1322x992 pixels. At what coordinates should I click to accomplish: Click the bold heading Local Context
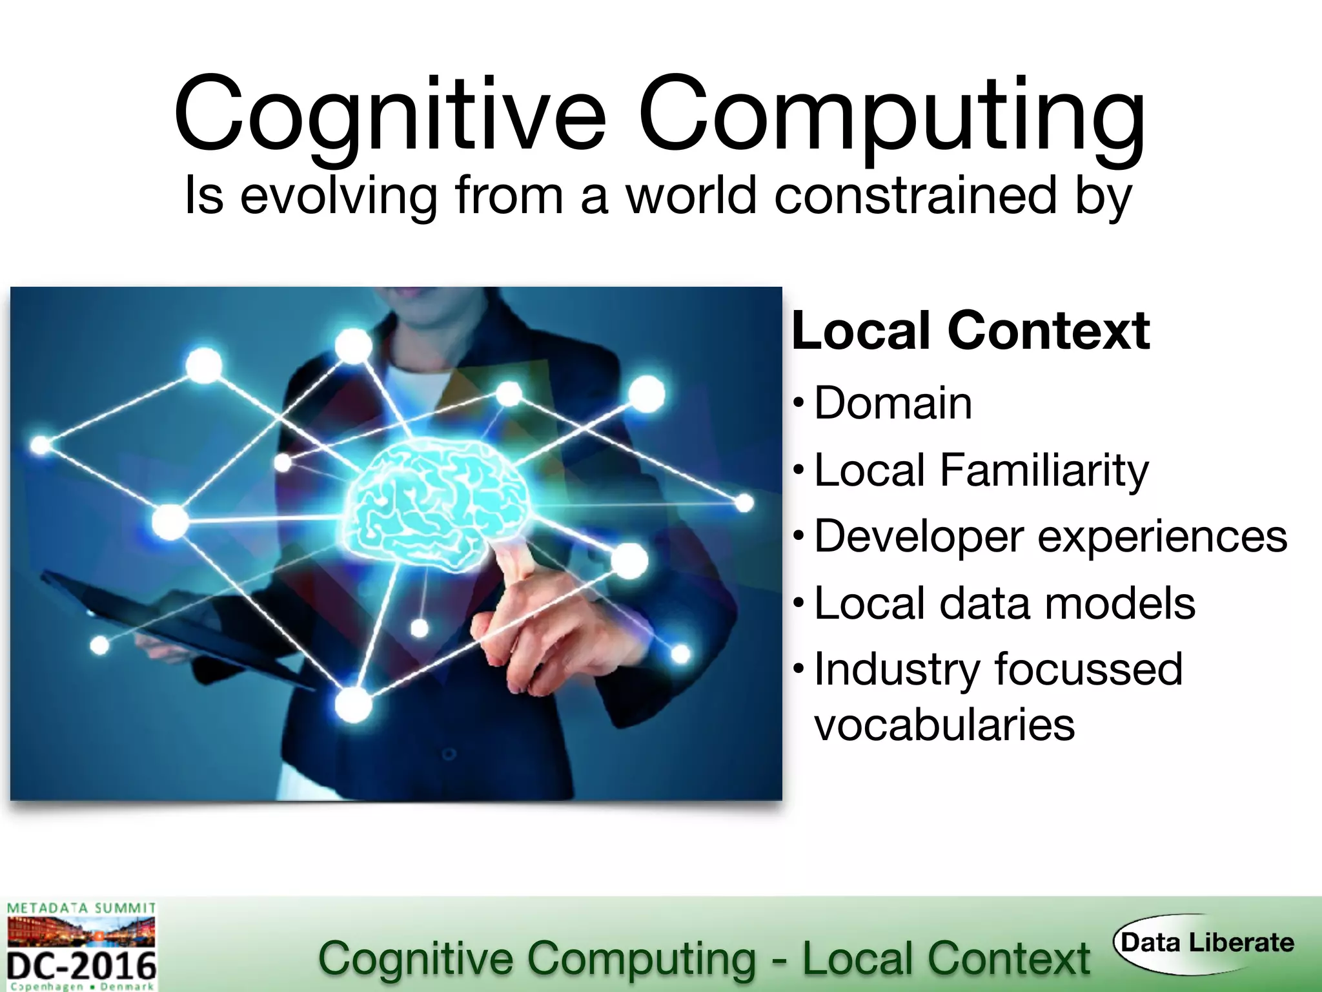pyautogui.click(x=970, y=331)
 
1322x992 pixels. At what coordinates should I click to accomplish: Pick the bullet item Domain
pyautogui.click(x=893, y=403)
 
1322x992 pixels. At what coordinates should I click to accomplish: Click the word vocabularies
pyautogui.click(x=944, y=725)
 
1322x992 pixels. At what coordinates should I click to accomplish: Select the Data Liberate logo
pyautogui.click(x=1206, y=943)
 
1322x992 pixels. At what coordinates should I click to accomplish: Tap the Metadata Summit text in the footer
pyautogui.click(x=81, y=908)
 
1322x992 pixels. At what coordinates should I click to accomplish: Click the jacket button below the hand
pyautogui.click(x=449, y=754)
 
